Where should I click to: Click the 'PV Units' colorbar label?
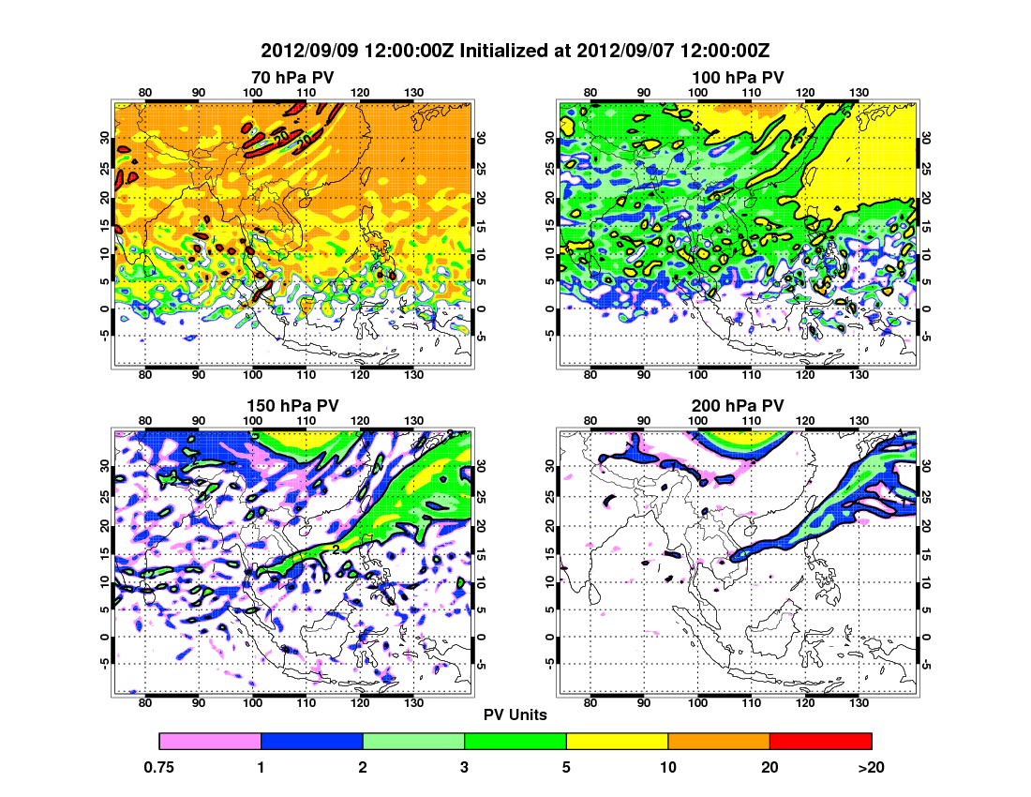click(515, 714)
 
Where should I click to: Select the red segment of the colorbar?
click(820, 742)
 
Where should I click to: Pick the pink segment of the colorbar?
click(210, 742)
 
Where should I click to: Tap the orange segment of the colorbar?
click(719, 742)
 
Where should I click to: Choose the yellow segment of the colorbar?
click(617, 742)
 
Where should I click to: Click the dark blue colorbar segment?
click(311, 742)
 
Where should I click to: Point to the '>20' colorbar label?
click(871, 767)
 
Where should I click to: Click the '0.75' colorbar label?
click(160, 767)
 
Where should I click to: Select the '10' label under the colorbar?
click(668, 767)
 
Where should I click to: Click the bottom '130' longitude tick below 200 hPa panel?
click(857, 703)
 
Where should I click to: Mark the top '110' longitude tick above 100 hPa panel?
click(751, 91)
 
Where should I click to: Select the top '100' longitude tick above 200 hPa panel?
click(697, 419)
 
